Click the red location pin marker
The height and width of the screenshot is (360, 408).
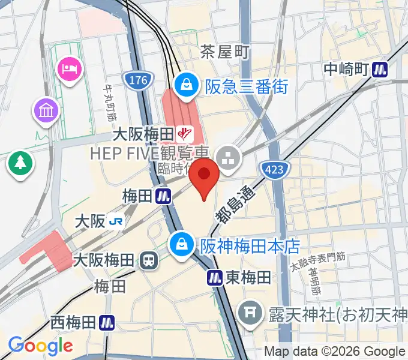tap(204, 177)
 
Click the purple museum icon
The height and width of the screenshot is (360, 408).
tap(46, 110)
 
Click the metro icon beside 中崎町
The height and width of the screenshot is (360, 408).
tap(380, 69)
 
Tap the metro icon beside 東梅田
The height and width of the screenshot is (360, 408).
tap(215, 277)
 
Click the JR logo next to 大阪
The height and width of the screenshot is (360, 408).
tap(116, 221)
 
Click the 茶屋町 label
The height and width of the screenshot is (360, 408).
tap(224, 52)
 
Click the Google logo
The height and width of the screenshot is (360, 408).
tap(40, 346)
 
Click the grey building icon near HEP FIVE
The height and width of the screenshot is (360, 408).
tap(228, 159)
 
